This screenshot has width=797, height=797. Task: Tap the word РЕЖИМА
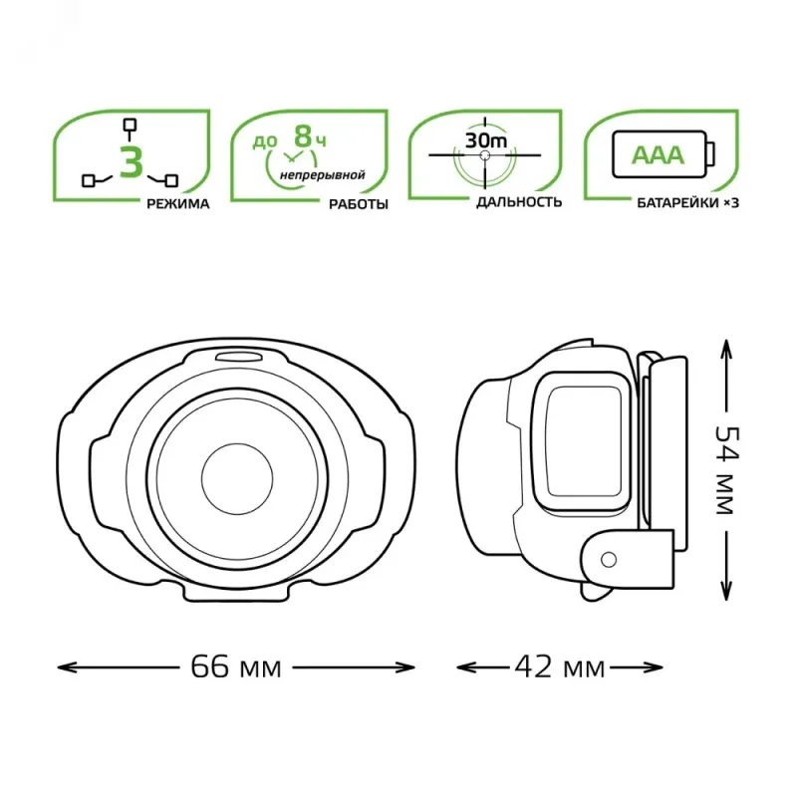(x=178, y=204)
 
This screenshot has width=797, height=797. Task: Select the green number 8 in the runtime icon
(x=303, y=136)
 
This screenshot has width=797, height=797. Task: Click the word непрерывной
(x=322, y=175)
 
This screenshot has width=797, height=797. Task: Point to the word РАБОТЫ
(x=359, y=204)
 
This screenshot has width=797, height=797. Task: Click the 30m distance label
(x=486, y=139)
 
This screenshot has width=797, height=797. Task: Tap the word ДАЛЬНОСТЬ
(x=519, y=202)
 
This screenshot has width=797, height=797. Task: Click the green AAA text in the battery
(x=658, y=155)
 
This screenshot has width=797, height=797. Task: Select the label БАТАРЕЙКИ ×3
(x=687, y=203)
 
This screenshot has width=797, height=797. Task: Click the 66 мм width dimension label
(x=236, y=666)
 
